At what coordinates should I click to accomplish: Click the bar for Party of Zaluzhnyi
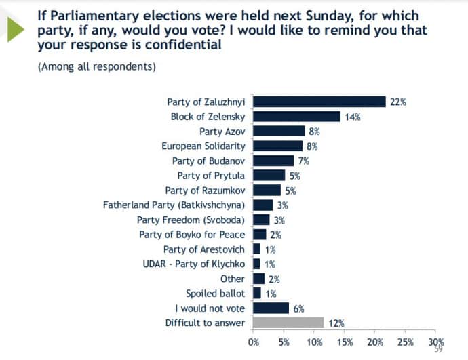(319, 102)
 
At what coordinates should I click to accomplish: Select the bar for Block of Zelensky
(296, 117)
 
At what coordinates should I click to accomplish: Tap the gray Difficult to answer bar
(288, 322)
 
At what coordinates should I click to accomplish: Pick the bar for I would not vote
(271, 308)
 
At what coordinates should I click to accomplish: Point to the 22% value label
(397, 102)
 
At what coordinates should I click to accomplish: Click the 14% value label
(352, 117)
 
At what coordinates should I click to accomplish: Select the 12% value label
(336, 323)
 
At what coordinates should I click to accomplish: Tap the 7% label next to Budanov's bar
(303, 161)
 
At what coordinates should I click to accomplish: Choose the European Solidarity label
(203, 146)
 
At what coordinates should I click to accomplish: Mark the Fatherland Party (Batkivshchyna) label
(174, 205)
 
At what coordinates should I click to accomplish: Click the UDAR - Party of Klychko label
(193, 264)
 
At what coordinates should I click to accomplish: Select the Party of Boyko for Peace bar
(259, 235)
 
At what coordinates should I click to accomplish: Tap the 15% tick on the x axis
(345, 341)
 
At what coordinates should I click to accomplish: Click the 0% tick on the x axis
(253, 341)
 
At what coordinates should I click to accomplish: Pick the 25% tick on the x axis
(406, 341)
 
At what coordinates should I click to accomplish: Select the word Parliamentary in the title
(89, 15)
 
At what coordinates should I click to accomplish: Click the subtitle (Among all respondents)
(96, 66)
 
